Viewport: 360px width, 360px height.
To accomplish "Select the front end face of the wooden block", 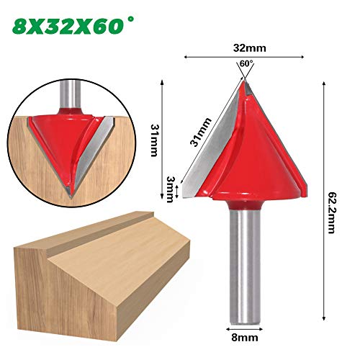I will click(43, 288).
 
